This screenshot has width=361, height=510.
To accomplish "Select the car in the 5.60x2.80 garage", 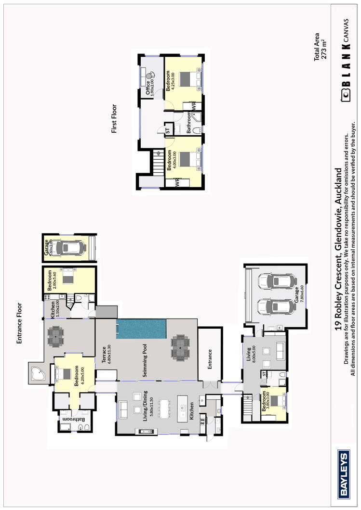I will tap(70, 247).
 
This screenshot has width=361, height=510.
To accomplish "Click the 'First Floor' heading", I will tap(114, 119).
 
